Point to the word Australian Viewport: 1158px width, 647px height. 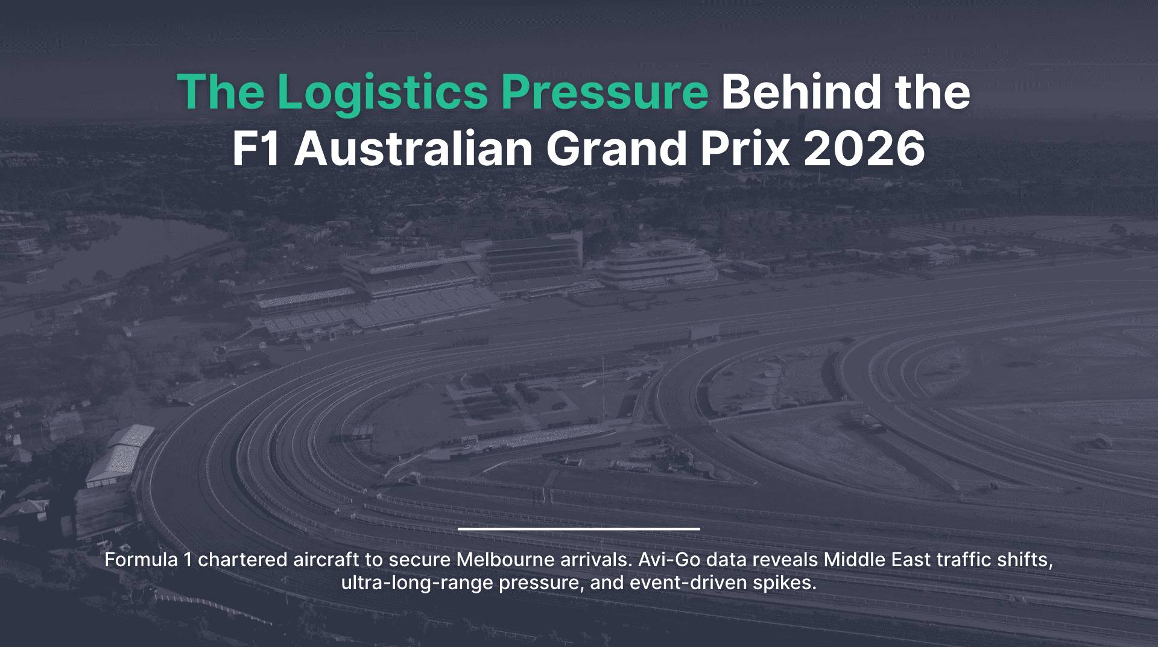pos(414,148)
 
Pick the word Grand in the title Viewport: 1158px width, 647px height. pos(616,148)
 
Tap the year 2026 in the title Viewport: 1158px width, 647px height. pos(864,149)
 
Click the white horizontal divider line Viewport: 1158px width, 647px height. pos(579,529)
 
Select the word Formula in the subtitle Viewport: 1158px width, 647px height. pos(141,560)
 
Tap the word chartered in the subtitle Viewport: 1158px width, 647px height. pos(242,560)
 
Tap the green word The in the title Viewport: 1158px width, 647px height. pos(220,91)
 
